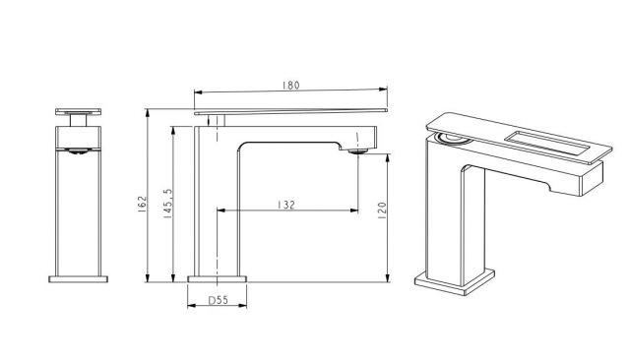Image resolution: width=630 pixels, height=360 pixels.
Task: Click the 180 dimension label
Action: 291,86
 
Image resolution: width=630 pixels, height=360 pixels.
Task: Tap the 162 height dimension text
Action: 143,204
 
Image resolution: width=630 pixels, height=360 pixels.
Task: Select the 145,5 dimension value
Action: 167,204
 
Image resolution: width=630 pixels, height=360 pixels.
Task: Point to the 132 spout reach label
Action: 286,205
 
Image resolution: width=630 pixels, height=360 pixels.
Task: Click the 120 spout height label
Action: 382,210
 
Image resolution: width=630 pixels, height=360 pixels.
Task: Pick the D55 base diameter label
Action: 219,300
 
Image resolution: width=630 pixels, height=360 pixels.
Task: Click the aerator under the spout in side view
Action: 358,151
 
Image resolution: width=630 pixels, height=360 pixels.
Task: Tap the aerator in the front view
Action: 79,151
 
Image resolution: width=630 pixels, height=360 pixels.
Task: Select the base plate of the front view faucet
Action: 79,279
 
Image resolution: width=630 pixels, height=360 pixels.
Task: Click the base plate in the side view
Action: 217,279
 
